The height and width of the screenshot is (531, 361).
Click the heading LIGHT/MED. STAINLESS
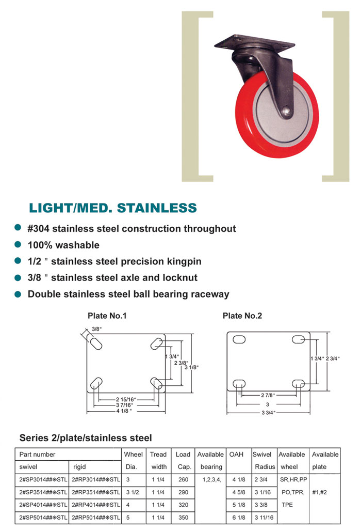(113, 208)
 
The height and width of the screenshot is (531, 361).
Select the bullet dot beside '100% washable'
(18, 244)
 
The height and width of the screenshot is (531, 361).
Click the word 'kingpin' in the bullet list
(184, 261)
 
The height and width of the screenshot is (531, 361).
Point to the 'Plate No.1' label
(107, 316)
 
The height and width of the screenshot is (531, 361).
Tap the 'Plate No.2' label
(242, 316)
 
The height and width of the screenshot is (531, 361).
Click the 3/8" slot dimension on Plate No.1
(96, 329)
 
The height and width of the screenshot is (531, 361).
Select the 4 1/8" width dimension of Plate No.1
(124, 411)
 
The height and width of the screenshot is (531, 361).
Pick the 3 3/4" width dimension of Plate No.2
(268, 413)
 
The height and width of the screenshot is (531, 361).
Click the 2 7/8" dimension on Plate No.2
(268, 395)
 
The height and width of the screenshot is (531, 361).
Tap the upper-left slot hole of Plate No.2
(239, 339)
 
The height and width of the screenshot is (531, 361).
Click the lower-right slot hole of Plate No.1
(156, 383)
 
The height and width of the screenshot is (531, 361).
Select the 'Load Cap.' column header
(183, 461)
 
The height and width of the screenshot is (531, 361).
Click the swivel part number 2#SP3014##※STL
(43, 479)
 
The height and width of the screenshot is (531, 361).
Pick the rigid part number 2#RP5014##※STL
(96, 518)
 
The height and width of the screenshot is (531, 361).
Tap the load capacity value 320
(183, 505)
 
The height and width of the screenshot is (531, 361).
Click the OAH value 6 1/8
(239, 518)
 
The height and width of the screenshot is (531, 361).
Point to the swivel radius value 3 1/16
(262, 492)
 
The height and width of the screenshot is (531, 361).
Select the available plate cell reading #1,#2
(319, 492)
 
